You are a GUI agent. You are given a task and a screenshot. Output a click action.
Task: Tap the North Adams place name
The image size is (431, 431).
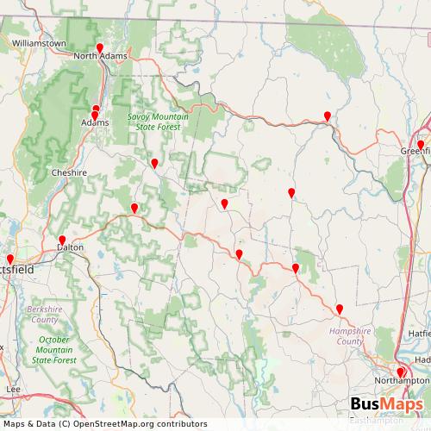pos(100,57)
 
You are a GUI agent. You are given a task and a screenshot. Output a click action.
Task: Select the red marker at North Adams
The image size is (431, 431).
pos(100,48)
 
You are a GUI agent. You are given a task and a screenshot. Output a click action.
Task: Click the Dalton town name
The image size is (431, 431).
pos(69,247)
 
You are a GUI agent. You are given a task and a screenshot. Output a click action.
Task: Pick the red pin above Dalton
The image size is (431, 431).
pos(61,240)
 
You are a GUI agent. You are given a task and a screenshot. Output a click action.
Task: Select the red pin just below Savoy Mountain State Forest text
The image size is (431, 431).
pos(154,163)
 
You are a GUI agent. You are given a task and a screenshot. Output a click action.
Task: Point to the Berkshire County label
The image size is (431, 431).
pos(43,314)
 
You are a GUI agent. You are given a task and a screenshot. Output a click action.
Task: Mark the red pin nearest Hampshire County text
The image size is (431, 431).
pos(339,309)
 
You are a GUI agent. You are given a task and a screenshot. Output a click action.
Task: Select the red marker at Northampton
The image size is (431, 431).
pos(400,372)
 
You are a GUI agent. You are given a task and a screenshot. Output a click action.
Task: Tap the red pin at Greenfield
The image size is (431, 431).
pos(421,145)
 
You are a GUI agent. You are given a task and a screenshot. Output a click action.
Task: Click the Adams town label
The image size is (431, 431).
pos(95,123)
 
